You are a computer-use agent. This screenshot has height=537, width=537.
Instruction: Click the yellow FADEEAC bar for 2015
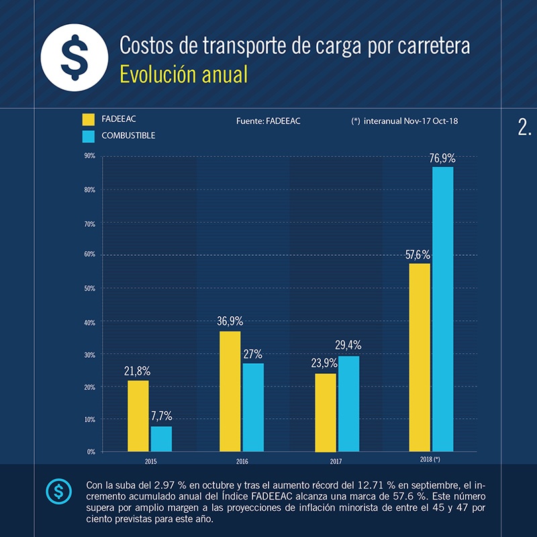coord(138,416)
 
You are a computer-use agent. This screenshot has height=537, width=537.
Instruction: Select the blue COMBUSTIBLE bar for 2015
coord(161,438)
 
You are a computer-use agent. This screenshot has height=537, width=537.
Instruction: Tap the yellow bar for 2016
coord(230,391)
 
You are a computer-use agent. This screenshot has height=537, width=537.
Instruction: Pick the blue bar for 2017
coord(348,403)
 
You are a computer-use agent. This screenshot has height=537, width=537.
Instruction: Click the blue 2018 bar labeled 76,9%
coord(442,309)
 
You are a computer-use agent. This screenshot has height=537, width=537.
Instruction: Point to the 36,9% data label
coord(230,322)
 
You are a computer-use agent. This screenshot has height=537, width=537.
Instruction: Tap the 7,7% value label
coord(161,416)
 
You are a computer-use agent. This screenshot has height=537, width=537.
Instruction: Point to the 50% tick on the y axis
coord(89,289)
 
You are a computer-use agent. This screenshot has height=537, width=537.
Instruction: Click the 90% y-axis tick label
coord(89,156)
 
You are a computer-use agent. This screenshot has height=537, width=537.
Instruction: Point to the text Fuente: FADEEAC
coord(268,121)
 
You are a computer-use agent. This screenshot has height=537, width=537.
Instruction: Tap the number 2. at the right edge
coord(524,128)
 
